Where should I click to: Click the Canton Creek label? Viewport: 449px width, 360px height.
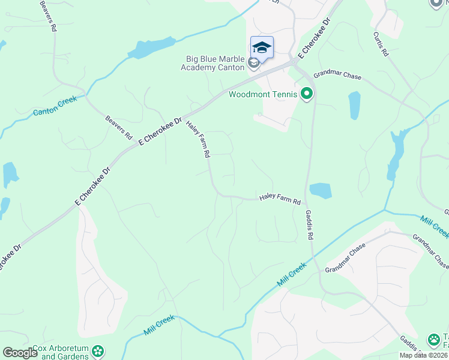coord(55,109)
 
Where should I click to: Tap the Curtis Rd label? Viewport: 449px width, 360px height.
coord(382,44)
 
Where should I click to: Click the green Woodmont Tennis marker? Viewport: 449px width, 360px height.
coord(307,94)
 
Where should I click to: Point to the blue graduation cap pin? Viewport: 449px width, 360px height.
coord(262,47)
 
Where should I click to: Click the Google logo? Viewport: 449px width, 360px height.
coord(20,352)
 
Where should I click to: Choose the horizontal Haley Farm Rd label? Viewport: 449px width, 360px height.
coord(279,199)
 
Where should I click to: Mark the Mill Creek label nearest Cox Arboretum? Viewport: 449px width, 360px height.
coord(159,325)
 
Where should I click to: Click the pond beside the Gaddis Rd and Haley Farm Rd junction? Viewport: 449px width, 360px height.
coord(321,191)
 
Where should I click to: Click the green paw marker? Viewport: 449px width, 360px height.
coord(434,340)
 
